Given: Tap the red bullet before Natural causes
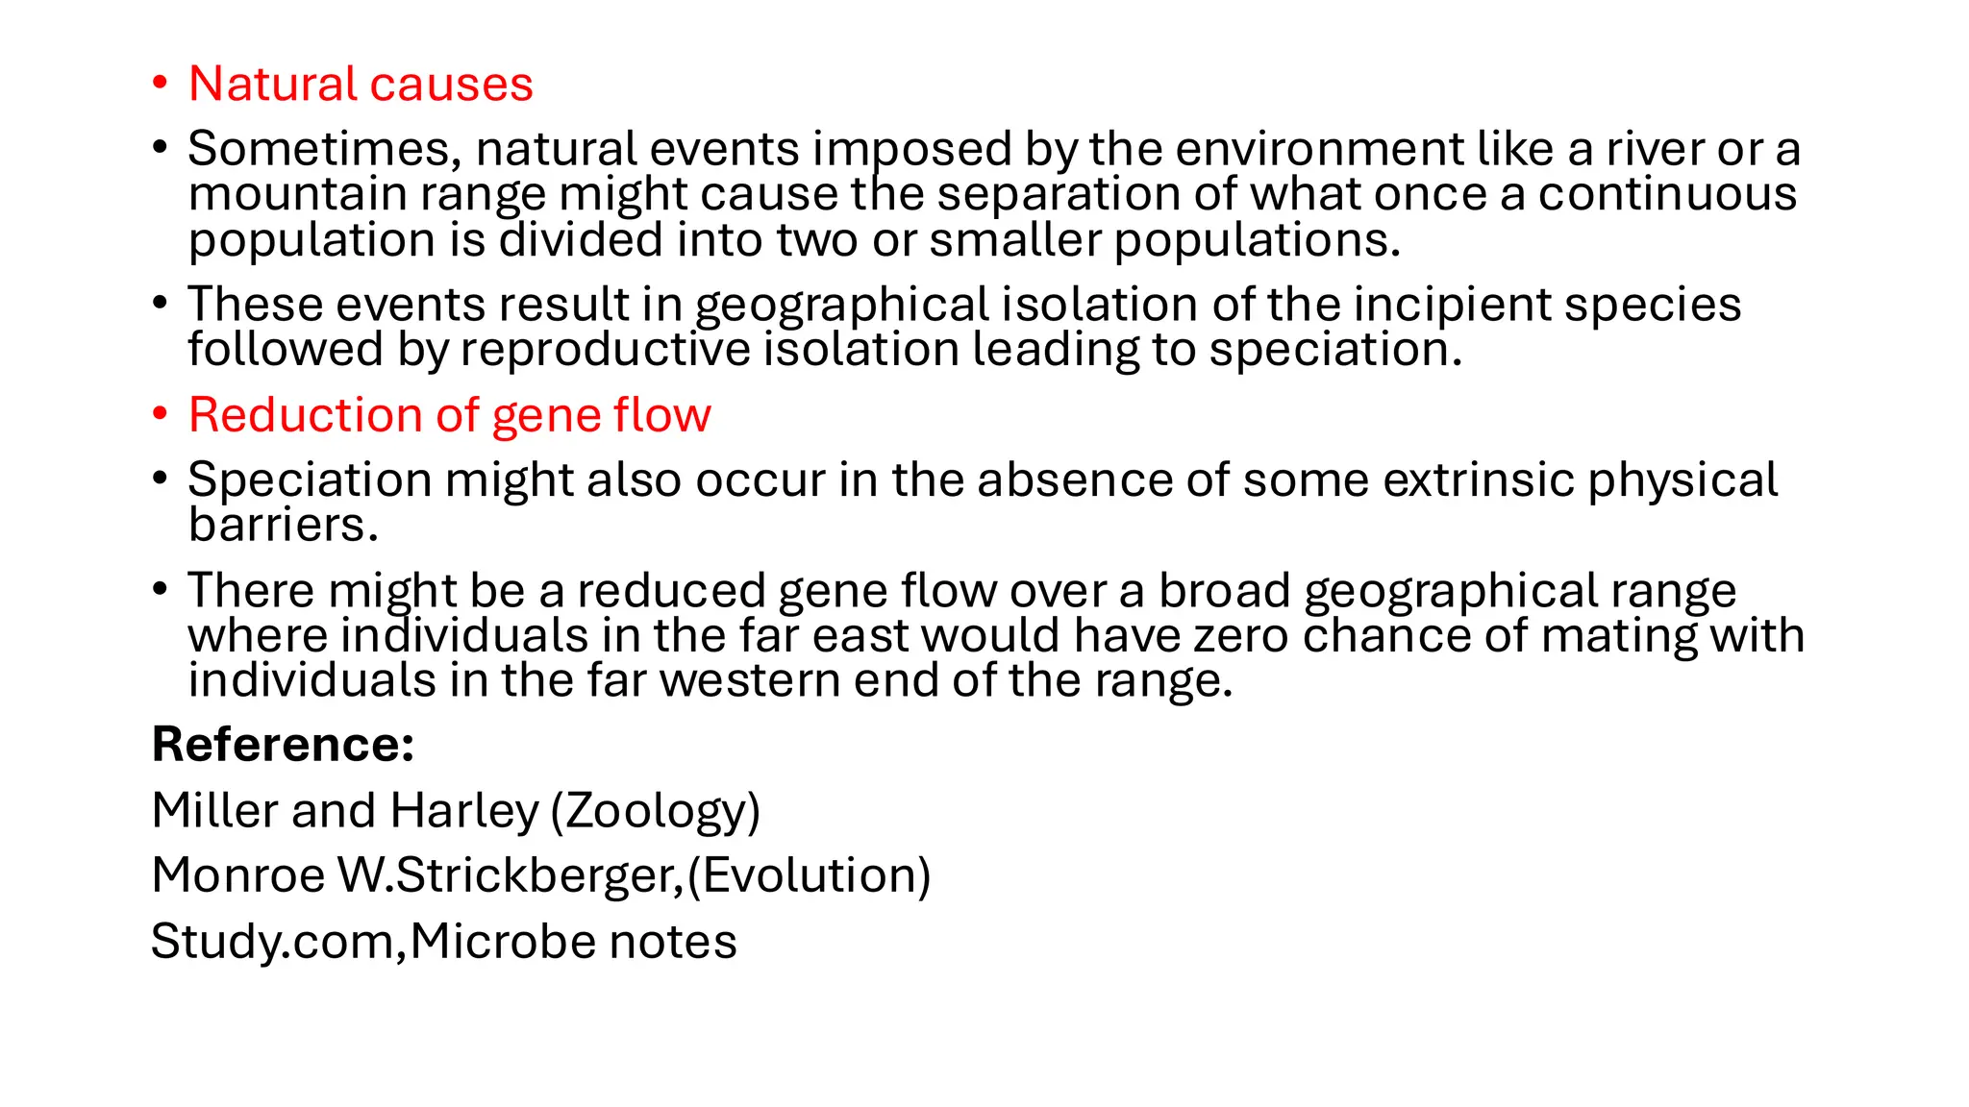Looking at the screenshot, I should tap(160, 83).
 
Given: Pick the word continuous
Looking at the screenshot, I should tap(1667, 194).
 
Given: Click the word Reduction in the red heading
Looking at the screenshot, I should tap(305, 415).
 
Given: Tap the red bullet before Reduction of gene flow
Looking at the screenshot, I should tap(160, 414).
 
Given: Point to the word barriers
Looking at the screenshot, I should tap(283, 526).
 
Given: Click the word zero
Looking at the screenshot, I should tap(1248, 635).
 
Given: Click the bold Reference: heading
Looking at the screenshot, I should tap(283, 745).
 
